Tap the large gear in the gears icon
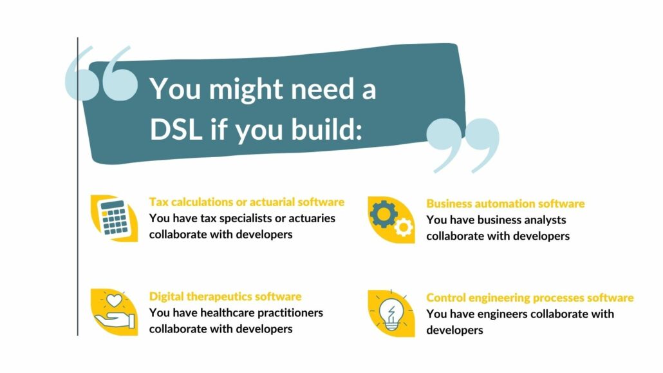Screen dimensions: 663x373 click(x=384, y=214)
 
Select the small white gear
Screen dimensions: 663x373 click(x=404, y=227)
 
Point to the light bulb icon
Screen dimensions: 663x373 click(x=391, y=314)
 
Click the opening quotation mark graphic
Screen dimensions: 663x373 click(x=102, y=73)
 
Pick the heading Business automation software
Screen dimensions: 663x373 click(x=505, y=204)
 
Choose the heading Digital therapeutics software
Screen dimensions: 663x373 click(x=225, y=297)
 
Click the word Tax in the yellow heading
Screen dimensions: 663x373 click(x=159, y=202)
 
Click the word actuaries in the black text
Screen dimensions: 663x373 click(x=312, y=218)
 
